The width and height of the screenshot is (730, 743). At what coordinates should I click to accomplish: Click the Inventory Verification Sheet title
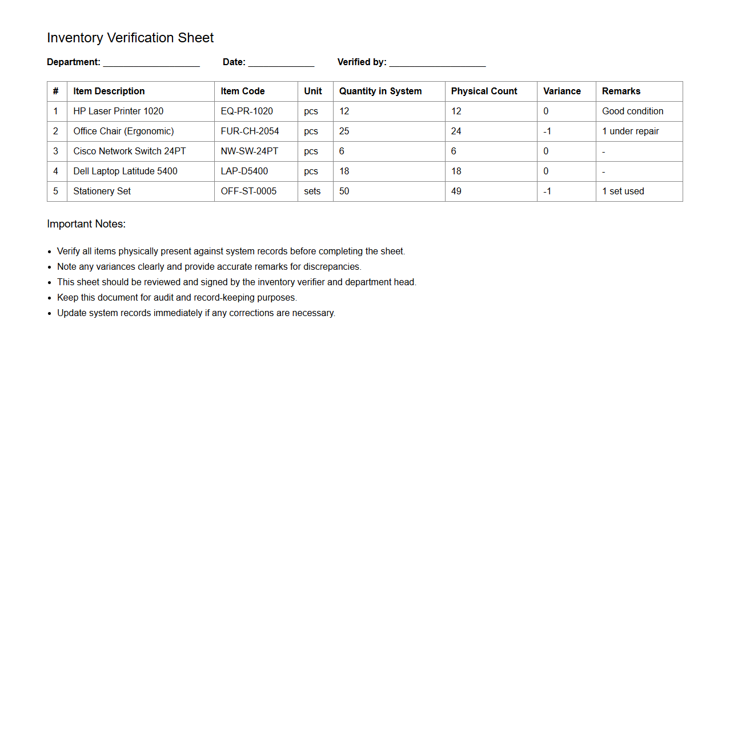tap(130, 38)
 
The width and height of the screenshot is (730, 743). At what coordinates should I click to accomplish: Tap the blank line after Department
tap(151, 63)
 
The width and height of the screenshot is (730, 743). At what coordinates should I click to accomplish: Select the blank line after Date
tap(281, 63)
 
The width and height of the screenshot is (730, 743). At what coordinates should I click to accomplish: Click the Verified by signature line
tap(438, 63)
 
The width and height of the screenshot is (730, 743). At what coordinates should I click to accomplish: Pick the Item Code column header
tap(243, 91)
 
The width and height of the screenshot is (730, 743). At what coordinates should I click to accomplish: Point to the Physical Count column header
tap(484, 91)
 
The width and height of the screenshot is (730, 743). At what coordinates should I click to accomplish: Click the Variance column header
tap(562, 91)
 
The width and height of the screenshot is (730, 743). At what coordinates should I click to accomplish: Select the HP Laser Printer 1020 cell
tap(118, 111)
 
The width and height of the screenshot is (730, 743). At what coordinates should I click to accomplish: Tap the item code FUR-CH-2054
tap(250, 131)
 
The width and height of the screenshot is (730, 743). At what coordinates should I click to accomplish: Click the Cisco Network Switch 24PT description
tap(130, 151)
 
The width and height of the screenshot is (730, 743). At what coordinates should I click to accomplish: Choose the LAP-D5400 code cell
tap(244, 171)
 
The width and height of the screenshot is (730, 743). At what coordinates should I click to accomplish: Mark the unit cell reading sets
tap(312, 191)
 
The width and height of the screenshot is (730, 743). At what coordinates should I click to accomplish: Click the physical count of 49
tap(456, 191)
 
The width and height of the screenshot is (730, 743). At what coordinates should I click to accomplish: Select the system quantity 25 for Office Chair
tap(344, 131)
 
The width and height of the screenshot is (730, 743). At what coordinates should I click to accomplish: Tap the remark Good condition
tap(633, 111)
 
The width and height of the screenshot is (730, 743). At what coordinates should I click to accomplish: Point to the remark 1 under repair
tap(631, 131)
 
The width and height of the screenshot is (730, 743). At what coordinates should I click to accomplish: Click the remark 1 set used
tap(623, 191)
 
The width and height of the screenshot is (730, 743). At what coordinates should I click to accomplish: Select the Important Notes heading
tap(86, 224)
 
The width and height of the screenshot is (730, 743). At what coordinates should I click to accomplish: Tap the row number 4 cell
tap(56, 171)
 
